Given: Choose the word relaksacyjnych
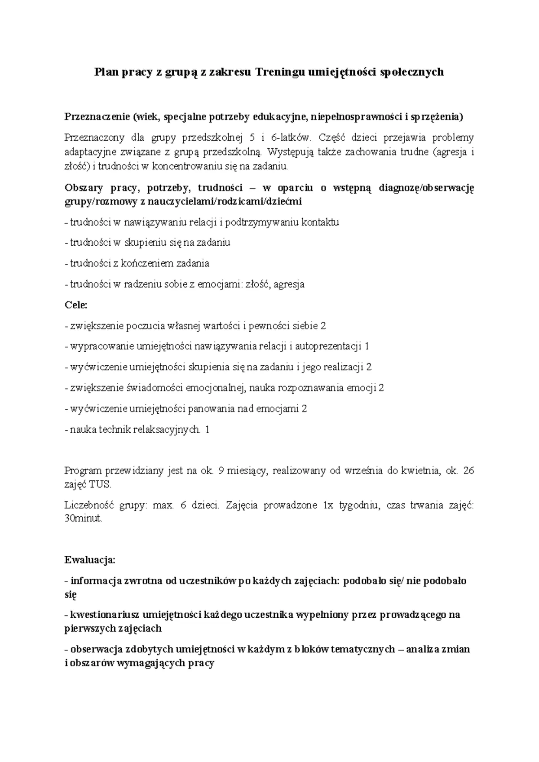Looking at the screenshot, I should (169, 430).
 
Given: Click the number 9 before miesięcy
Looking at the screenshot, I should (220, 471).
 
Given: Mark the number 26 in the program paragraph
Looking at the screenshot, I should (468, 471).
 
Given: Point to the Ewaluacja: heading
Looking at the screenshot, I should (90, 560).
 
